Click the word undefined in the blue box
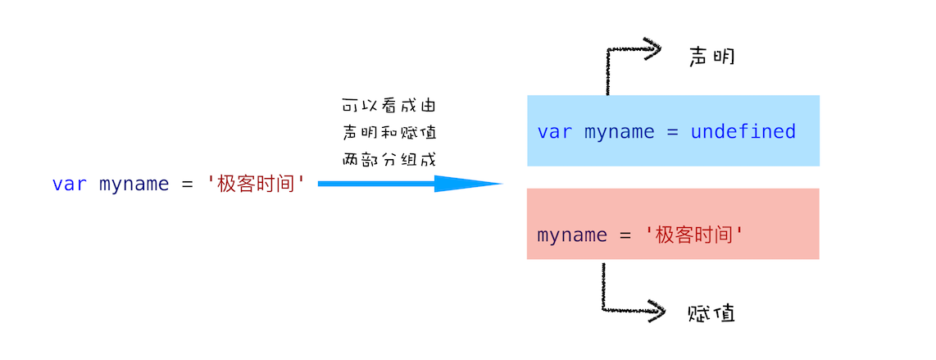click(x=743, y=131)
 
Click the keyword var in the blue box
click(x=555, y=132)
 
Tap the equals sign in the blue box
click(x=673, y=132)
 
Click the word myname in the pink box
click(x=572, y=236)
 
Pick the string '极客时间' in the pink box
click(x=696, y=235)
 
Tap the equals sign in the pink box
click(x=625, y=235)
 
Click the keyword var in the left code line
click(x=70, y=184)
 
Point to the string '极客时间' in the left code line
click(x=257, y=184)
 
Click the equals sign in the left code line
click(x=188, y=184)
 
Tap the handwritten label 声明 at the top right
click(x=711, y=57)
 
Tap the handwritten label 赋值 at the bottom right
click(x=711, y=312)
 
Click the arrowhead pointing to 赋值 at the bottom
click(x=656, y=311)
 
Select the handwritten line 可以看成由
click(x=389, y=107)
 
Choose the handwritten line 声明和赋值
click(x=389, y=133)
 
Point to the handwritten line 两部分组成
click(x=389, y=159)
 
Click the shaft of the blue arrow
click(x=377, y=184)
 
